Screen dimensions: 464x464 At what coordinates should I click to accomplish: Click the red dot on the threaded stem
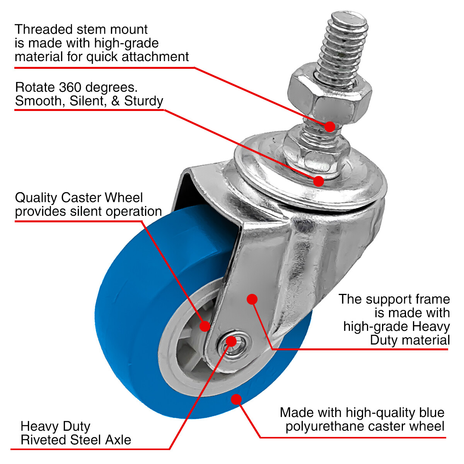(x=330, y=126)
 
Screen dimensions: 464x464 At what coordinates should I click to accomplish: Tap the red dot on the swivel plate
(x=318, y=181)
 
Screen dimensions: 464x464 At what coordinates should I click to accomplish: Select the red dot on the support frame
(x=252, y=299)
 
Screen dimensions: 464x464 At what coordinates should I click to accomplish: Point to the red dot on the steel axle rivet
(x=231, y=341)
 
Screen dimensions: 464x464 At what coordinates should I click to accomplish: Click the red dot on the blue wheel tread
(x=236, y=399)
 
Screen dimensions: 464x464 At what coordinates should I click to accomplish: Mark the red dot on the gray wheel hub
(x=205, y=326)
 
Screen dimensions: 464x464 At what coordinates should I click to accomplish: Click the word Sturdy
(x=143, y=101)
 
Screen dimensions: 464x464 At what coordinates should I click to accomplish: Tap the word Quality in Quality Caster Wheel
(x=36, y=198)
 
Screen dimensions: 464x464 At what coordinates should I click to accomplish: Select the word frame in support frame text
(x=432, y=299)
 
